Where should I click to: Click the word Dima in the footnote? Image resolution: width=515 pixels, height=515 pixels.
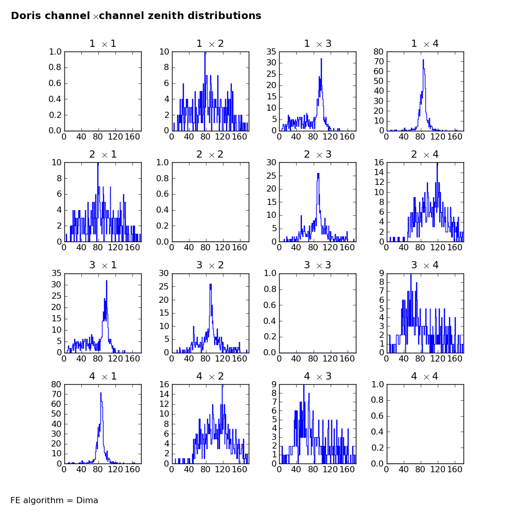(x=87, y=500)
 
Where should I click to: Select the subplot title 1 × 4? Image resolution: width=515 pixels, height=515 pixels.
(x=425, y=43)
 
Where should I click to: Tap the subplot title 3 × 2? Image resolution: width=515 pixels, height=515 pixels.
(x=210, y=265)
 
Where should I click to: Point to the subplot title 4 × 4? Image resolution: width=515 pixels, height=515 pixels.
(x=425, y=376)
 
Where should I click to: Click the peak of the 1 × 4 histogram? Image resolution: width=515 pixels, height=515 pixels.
(x=423, y=60)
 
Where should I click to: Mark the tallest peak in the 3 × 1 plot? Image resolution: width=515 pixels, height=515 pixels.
(x=107, y=281)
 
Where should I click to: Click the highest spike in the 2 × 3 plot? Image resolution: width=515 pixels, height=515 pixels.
(x=318, y=174)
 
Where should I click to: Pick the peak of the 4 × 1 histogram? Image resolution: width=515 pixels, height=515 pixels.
(x=101, y=393)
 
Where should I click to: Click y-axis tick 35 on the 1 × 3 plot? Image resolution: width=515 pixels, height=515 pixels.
(x=271, y=51)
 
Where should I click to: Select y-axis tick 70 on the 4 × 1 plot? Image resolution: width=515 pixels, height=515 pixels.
(x=57, y=394)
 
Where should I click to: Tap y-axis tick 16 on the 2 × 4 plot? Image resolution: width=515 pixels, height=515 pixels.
(x=379, y=162)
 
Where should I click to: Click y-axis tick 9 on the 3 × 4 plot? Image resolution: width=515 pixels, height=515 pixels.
(x=381, y=273)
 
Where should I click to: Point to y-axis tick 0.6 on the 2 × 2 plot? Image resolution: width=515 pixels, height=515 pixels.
(x=162, y=194)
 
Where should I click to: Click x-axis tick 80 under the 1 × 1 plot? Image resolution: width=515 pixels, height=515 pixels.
(x=98, y=136)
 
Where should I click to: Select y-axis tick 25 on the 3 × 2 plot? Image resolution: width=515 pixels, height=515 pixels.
(x=164, y=286)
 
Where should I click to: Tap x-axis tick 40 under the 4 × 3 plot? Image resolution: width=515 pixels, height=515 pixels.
(x=296, y=469)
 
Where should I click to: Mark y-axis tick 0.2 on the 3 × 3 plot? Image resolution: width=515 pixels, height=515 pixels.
(x=270, y=337)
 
